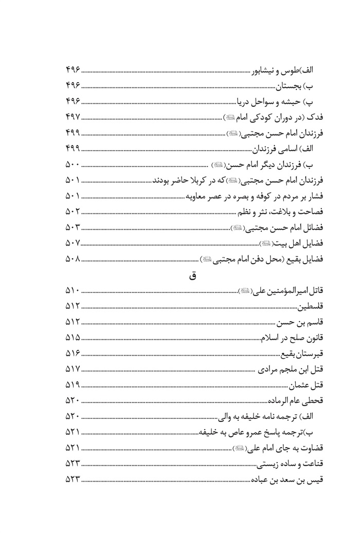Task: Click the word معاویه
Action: click(200, 196)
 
